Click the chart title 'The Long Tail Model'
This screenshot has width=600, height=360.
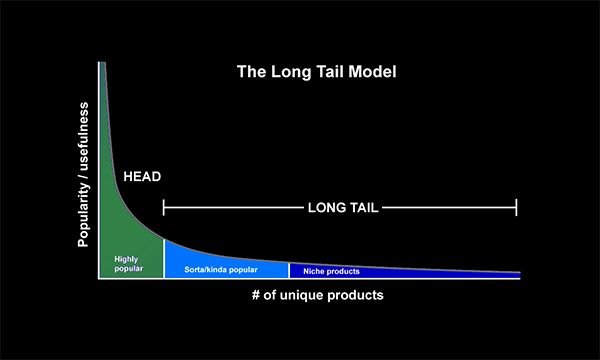[x=316, y=72]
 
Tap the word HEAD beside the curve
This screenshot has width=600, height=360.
[x=142, y=176]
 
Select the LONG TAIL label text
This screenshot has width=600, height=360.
[x=343, y=208]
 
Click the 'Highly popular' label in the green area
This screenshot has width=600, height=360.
[x=129, y=264]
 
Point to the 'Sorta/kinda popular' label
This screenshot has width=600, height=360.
[x=221, y=270]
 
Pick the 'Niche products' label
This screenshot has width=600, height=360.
[x=331, y=271]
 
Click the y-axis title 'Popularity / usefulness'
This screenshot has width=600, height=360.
[x=83, y=174]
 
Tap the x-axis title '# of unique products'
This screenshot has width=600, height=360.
[x=318, y=295]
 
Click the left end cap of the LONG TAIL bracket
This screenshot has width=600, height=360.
[x=164, y=207]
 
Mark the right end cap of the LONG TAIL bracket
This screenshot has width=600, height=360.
[x=516, y=207]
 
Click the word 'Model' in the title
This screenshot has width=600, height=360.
[x=372, y=72]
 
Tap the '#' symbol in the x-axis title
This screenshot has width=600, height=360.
[x=256, y=295]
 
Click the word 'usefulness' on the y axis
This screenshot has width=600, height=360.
[x=83, y=136]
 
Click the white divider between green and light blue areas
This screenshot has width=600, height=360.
[x=164, y=259]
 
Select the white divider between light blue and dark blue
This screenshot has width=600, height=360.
[x=289, y=270]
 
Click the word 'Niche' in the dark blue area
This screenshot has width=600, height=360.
[x=313, y=271]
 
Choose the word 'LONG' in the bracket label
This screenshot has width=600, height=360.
[x=324, y=208]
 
